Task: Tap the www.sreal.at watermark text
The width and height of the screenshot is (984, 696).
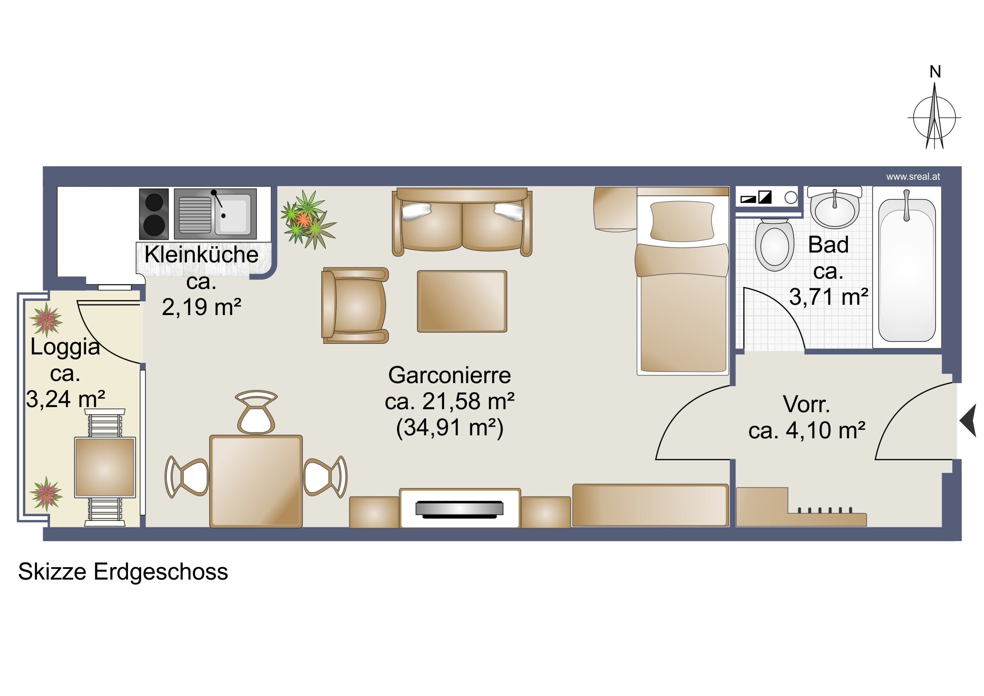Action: coord(913,177)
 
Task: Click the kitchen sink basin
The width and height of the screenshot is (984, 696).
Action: coord(233,214)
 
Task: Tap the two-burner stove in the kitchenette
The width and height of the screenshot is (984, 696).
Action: coord(154,214)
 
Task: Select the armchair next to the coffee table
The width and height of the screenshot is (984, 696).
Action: coord(355,305)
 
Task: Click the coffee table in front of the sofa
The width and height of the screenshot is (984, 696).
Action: coord(462,301)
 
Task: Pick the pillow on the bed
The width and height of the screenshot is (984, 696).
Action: coord(682,221)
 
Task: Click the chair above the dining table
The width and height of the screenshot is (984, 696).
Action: coord(256,412)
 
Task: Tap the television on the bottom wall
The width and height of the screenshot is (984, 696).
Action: coord(459,509)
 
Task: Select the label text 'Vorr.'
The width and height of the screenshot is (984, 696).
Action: coord(806,404)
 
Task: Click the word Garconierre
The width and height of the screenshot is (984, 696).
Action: coord(449,375)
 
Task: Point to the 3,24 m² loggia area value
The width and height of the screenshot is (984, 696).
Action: coord(65,399)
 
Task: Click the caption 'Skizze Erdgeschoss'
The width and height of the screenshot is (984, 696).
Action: coord(123,571)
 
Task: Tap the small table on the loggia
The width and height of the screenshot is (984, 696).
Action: coord(105,467)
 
